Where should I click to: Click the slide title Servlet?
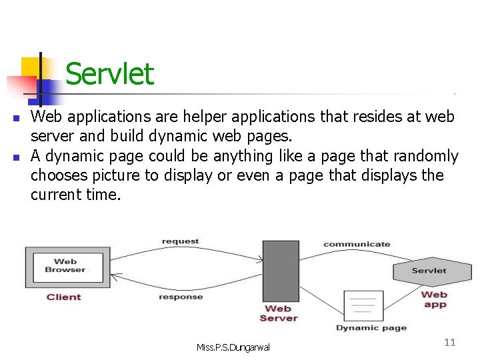109,74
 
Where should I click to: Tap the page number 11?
449,342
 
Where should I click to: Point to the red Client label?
64,297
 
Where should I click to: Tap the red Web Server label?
278,313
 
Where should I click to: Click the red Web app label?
434,299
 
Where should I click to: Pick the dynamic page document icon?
363,306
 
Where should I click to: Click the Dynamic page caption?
371,328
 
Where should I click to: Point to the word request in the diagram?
179,241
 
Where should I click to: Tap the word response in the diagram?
181,297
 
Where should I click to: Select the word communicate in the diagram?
357,244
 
